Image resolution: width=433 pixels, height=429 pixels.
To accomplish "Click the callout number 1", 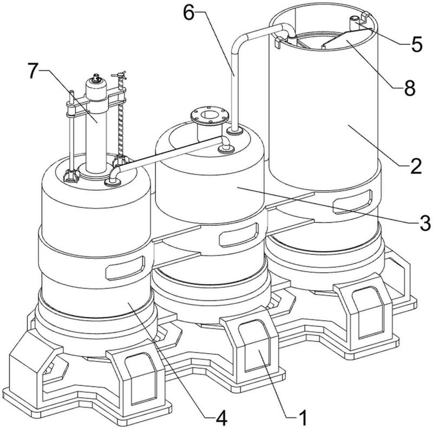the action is click(303, 417).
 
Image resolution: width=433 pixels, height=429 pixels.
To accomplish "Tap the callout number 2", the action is click(416, 166).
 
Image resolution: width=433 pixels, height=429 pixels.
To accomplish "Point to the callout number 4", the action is click(221, 418).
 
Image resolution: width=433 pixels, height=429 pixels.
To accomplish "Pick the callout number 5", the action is click(417, 44).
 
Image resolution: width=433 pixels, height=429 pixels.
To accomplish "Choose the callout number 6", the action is click(189, 13).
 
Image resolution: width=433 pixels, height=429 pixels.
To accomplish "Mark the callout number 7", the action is click(33, 71).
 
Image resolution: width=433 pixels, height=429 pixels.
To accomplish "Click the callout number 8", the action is click(410, 88).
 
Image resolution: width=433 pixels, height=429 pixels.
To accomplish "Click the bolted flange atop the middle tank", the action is click(209, 116).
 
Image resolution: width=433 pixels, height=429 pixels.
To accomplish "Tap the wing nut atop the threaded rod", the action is click(119, 75).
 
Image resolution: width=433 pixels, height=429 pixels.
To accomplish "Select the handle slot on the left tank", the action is click(126, 268).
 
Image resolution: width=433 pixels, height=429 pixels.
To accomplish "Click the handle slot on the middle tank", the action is click(239, 235).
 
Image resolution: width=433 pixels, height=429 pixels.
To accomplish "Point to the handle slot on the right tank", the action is click(352, 202).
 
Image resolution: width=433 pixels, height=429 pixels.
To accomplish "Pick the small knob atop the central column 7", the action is click(96, 78).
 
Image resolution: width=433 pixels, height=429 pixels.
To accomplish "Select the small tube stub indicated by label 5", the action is click(354, 23).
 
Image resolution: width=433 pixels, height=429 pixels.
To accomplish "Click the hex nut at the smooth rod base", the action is click(71, 177).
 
